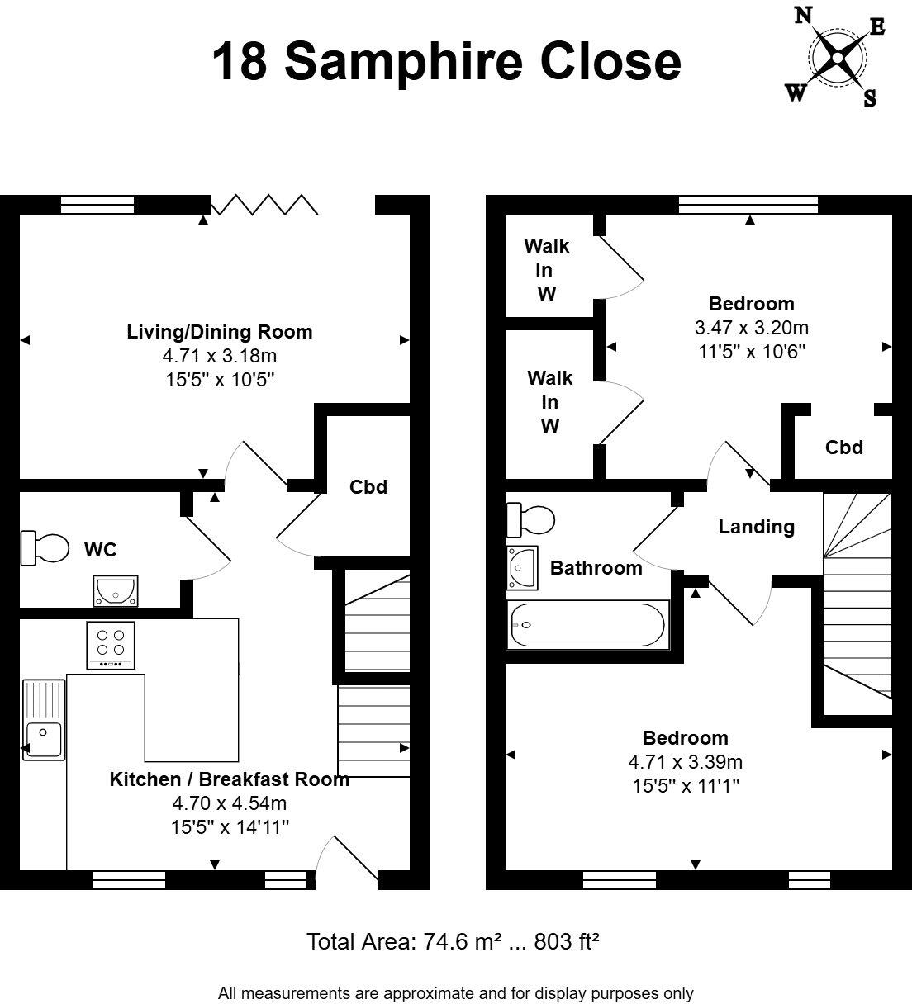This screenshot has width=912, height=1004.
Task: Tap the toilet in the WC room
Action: pos(45,549)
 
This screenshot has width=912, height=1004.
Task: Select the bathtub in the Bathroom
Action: pos(587,625)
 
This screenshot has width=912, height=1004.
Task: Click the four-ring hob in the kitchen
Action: pos(111,645)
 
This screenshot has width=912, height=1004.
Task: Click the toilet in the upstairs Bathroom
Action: pos(530,519)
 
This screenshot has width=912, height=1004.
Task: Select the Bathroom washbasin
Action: pos(521,567)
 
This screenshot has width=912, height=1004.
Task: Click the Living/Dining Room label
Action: pos(219,332)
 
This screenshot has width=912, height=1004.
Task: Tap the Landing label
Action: pos(756,527)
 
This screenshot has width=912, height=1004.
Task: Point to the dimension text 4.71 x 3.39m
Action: pos(686,761)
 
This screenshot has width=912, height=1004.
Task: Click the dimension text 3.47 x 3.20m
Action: pos(751,327)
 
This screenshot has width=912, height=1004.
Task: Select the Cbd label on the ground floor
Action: pos(368,487)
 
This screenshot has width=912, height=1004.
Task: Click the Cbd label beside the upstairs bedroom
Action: pos(843,448)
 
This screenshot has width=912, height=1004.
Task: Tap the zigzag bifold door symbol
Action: pos(264,205)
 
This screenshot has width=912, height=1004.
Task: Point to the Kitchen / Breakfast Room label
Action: pos(229,779)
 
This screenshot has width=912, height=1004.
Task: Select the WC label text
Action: pos(100,550)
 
